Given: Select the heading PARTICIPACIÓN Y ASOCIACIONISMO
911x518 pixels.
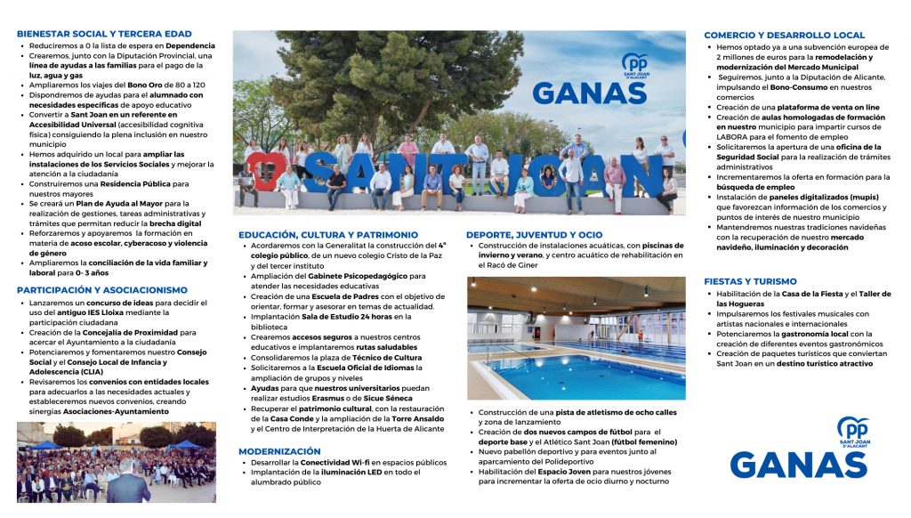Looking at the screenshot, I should click(101, 289).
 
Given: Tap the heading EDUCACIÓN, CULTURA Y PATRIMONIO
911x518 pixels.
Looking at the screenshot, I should click(328, 234).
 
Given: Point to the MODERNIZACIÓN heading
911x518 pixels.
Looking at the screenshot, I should click(279, 451).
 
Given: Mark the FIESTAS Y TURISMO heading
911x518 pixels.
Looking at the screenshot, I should click(750, 281).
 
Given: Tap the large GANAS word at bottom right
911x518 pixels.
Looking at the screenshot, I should click(799, 465).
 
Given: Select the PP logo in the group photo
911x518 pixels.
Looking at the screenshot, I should click(634, 64).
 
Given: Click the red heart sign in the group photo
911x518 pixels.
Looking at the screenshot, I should click(263, 169).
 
